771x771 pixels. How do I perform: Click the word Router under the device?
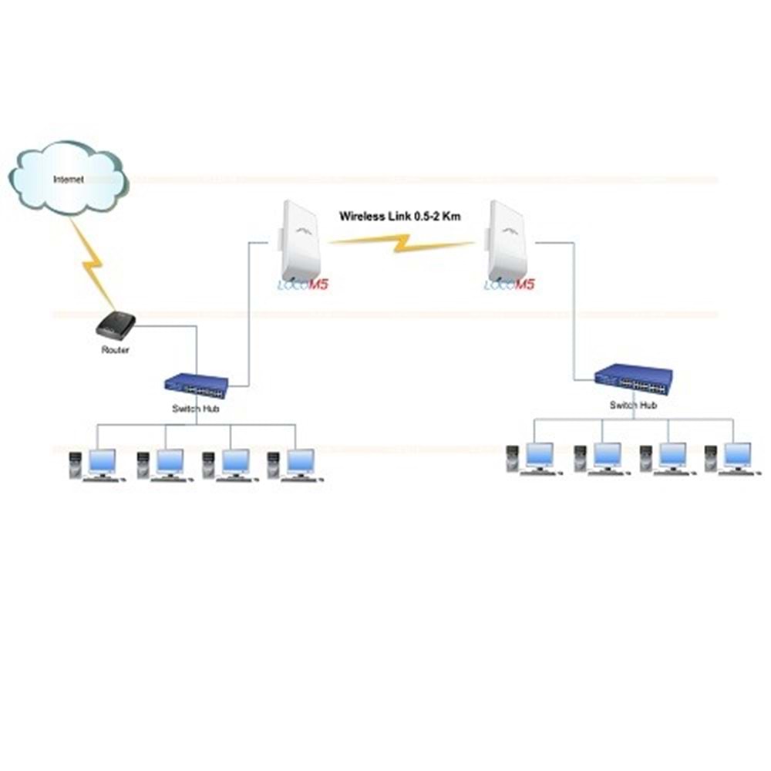[116, 350]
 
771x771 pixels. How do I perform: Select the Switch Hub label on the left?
[195, 409]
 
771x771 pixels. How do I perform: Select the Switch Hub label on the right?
[633, 406]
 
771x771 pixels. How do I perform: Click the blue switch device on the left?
[197, 383]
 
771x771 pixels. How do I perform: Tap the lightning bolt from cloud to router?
[95, 262]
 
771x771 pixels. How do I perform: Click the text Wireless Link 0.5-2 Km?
[400, 217]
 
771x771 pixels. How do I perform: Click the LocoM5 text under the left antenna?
[302, 286]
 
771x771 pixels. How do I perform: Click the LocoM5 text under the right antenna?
[509, 286]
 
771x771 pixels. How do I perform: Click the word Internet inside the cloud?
[68, 179]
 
